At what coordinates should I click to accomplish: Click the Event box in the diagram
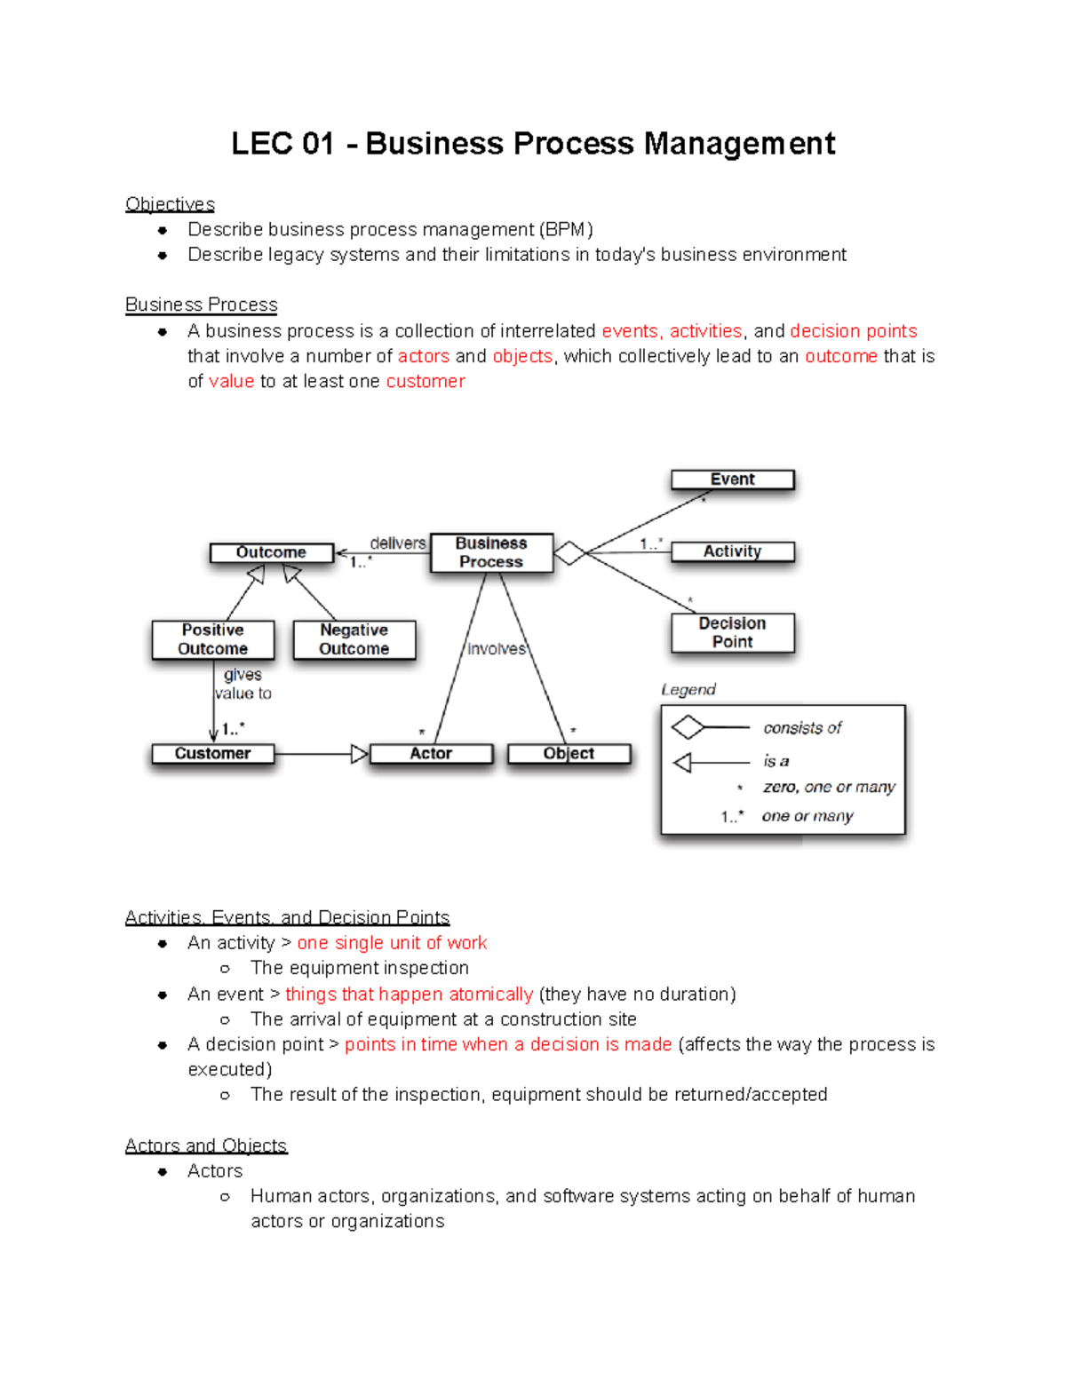click(x=732, y=479)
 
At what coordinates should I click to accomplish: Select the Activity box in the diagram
click(x=732, y=551)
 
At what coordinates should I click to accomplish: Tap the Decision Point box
click(x=732, y=632)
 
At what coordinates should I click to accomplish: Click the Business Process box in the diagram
click(x=491, y=552)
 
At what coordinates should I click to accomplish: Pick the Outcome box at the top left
click(x=271, y=552)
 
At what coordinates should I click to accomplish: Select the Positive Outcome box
click(x=212, y=639)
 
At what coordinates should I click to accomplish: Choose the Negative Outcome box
click(x=354, y=639)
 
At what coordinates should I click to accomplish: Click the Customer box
click(x=212, y=754)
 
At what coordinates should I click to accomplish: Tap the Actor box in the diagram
click(x=431, y=754)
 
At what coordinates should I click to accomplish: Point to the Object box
click(x=569, y=754)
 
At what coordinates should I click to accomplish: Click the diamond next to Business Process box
click(x=569, y=553)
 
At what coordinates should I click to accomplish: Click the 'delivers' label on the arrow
click(x=397, y=543)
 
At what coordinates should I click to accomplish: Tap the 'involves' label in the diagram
click(x=497, y=649)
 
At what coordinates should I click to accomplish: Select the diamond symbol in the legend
click(x=688, y=728)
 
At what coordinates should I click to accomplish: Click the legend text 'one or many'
click(x=807, y=816)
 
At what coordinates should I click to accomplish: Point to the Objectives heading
click(x=170, y=204)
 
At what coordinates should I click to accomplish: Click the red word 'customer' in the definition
click(x=425, y=382)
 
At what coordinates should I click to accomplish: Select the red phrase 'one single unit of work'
click(x=392, y=943)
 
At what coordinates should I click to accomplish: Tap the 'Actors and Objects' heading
click(x=206, y=1145)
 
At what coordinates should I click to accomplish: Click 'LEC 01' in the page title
click(x=282, y=144)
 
